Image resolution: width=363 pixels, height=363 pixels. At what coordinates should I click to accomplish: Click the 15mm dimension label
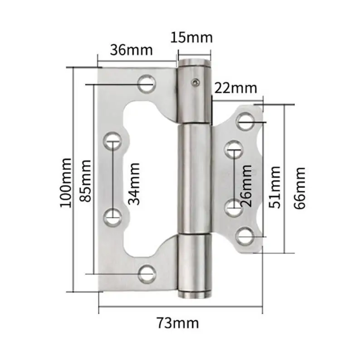(x=191, y=38)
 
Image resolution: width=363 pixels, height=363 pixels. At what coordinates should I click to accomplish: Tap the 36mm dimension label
(x=131, y=50)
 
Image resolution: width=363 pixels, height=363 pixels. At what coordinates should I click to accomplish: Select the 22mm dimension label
(x=235, y=88)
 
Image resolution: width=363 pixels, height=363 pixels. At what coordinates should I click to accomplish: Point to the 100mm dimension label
(x=66, y=183)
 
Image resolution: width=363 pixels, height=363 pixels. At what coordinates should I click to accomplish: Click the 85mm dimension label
(x=85, y=181)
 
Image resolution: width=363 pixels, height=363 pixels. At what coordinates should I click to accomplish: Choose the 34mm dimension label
(x=134, y=184)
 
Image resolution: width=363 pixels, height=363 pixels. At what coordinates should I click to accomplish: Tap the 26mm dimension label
(x=246, y=186)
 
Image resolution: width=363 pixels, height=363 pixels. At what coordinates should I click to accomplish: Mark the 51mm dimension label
(x=275, y=187)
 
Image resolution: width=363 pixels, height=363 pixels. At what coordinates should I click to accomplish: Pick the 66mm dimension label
(x=299, y=188)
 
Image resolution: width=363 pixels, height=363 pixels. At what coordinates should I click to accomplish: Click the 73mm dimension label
(x=178, y=323)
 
